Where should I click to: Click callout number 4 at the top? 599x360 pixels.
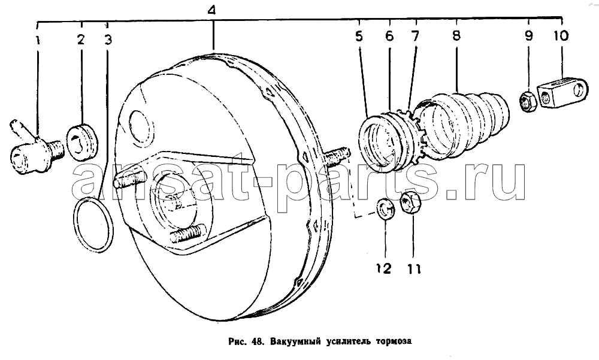(x=212, y=10)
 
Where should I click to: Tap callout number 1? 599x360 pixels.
(x=38, y=40)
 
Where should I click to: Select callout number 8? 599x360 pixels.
(x=456, y=35)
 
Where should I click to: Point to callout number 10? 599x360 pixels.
(x=561, y=35)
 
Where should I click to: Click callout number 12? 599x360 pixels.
(x=383, y=268)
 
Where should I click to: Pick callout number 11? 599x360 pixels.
(x=413, y=269)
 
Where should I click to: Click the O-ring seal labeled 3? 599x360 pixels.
(x=93, y=225)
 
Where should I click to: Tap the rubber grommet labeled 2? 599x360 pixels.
(x=82, y=141)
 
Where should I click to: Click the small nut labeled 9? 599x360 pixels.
(x=528, y=102)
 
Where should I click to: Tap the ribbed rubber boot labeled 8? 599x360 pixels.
(x=464, y=124)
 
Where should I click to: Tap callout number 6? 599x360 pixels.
(x=389, y=36)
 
